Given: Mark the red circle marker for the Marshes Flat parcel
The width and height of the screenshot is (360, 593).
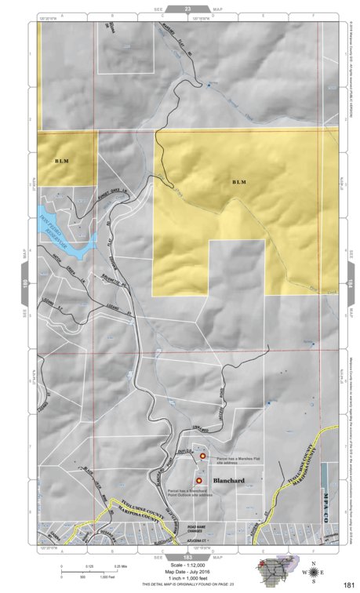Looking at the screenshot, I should [x=202, y=455].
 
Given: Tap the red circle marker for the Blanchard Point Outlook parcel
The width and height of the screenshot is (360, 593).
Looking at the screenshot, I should [x=198, y=480].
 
